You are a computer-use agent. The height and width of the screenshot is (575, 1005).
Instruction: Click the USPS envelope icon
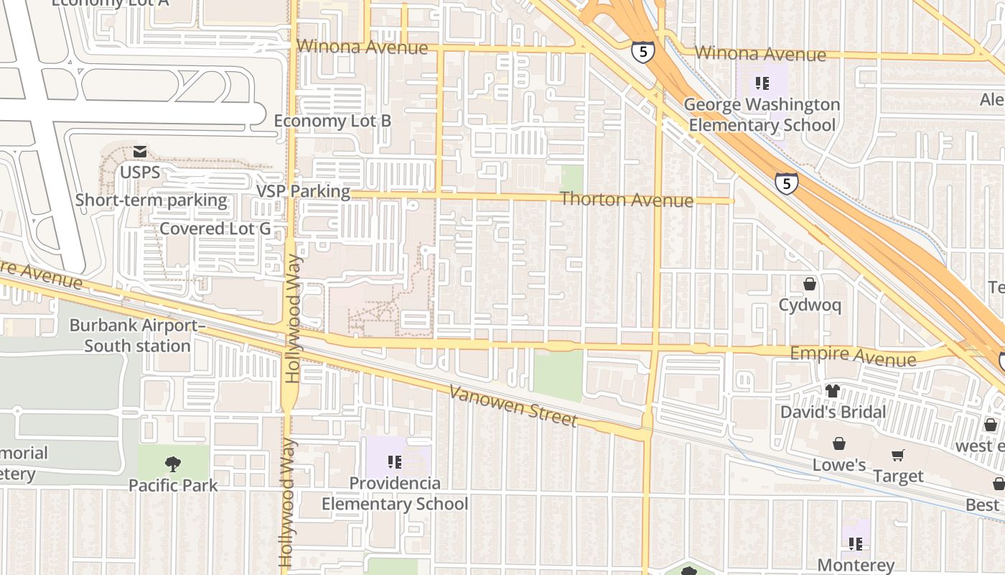point(140,152)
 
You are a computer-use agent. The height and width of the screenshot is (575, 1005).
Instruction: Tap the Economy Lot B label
point(332,121)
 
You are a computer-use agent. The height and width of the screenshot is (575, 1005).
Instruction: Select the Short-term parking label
point(151,201)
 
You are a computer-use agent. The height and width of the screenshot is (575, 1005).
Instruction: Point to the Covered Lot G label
point(215,229)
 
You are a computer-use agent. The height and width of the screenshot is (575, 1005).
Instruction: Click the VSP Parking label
point(304,192)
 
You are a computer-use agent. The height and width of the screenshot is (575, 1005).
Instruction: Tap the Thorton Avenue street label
point(627,199)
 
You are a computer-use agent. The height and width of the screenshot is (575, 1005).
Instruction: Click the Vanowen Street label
point(513,405)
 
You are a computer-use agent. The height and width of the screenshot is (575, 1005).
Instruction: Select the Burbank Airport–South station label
point(137,336)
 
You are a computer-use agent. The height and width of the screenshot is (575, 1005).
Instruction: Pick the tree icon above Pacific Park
point(173,464)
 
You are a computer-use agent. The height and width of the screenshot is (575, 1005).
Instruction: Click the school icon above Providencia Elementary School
point(394,461)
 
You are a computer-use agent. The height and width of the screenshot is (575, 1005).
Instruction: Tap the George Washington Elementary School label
point(762,115)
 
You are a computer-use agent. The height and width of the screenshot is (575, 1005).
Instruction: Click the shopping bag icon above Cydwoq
point(810,284)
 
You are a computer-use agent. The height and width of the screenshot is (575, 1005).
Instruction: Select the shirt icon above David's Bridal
point(833,391)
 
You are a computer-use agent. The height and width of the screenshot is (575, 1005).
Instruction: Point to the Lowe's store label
point(839,465)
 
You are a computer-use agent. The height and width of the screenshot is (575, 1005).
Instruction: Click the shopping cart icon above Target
point(898,455)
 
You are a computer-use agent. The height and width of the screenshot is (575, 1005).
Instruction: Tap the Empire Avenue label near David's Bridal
point(853,355)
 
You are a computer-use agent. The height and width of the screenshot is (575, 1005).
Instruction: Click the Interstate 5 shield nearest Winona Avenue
point(643,52)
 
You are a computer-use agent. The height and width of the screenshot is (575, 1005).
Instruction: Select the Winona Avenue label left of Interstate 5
point(363,47)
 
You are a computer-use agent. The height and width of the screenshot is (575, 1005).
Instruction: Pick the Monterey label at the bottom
point(856,566)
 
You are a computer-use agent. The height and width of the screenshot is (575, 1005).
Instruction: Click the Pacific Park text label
point(173,486)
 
